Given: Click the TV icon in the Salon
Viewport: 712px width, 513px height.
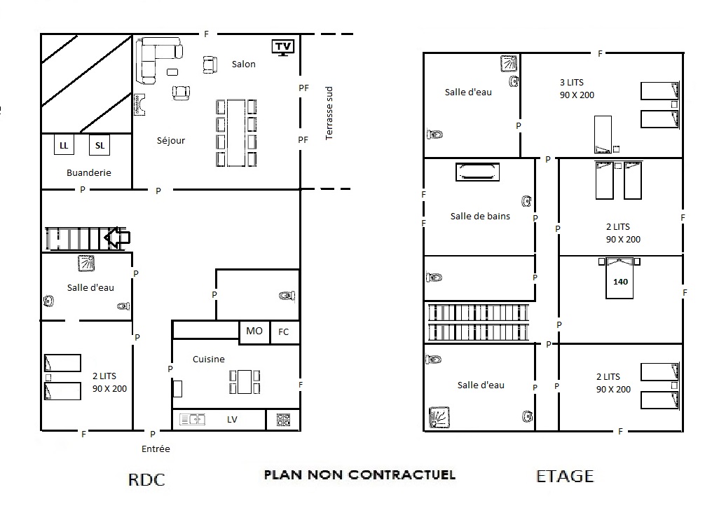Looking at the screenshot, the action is pyautogui.click(x=283, y=47).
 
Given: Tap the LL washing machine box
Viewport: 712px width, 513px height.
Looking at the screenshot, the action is pyautogui.click(x=64, y=145).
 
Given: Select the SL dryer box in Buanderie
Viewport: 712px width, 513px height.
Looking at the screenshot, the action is pyautogui.click(x=100, y=145).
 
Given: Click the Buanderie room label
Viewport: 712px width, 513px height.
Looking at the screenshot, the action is pyautogui.click(x=88, y=172).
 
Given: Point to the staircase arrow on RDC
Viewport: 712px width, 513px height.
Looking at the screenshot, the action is pyautogui.click(x=117, y=238).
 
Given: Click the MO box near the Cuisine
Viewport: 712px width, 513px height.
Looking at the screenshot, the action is pyautogui.click(x=254, y=331).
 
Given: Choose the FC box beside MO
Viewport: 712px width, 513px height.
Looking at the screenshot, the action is pyautogui.click(x=285, y=332).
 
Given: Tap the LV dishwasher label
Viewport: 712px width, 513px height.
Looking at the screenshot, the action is pyautogui.click(x=232, y=420).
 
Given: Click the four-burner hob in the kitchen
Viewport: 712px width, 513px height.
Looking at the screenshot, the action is pyautogui.click(x=283, y=420).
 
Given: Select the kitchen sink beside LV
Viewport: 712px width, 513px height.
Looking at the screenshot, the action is pyautogui.click(x=193, y=419).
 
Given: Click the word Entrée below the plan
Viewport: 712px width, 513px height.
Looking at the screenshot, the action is pyautogui.click(x=156, y=449).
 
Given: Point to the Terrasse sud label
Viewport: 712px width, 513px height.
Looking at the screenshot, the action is pyautogui.click(x=329, y=113).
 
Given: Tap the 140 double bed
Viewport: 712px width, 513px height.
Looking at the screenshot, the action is pyautogui.click(x=619, y=278).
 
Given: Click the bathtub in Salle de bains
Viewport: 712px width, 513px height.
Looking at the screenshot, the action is pyautogui.click(x=477, y=172).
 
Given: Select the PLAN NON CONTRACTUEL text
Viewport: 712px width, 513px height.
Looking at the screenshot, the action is pyautogui.click(x=360, y=475).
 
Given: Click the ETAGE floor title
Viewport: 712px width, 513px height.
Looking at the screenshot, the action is pyautogui.click(x=565, y=477).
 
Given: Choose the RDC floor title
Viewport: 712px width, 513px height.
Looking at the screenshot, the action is pyautogui.click(x=146, y=479).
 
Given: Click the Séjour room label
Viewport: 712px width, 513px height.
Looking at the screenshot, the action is pyautogui.click(x=171, y=140).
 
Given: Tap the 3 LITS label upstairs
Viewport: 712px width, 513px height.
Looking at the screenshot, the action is pyautogui.click(x=572, y=82).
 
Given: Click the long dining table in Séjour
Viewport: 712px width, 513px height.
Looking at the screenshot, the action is pyautogui.click(x=236, y=132).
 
